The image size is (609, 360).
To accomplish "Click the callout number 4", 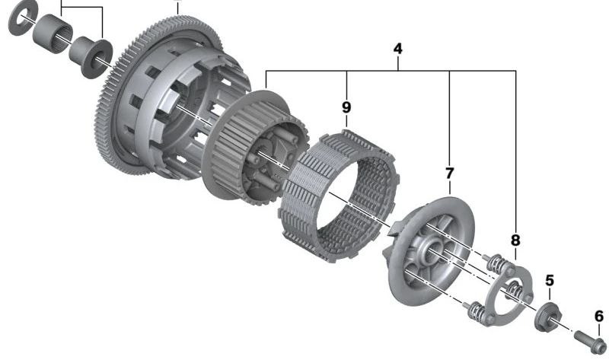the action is coord(397,49).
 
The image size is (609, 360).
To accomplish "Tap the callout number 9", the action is coord(346,107).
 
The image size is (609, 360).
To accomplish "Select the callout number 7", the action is coord(449,174).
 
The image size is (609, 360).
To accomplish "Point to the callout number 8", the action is coord(515,241).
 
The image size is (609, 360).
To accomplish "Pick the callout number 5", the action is coord(550,280).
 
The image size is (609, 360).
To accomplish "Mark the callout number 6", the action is coord(599,316).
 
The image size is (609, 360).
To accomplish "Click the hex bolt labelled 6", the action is coord(591,342).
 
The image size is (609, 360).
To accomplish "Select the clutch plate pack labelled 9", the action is coord(339,196).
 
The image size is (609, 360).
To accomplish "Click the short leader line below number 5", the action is coord(549,295).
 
